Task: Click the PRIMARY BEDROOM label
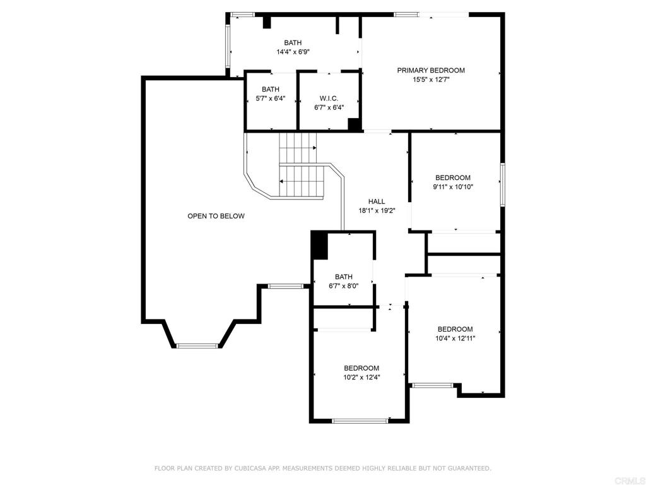point(430,71)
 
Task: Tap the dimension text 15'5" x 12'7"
point(431,80)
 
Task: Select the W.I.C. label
point(329,99)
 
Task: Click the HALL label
point(377,201)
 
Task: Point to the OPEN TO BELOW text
point(216,216)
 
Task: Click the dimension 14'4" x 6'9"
point(293,52)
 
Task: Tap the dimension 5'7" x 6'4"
point(271,99)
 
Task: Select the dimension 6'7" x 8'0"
point(344,285)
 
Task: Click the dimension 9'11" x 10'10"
point(453,187)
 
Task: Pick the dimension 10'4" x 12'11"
point(455,338)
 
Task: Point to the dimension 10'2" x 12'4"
point(361,377)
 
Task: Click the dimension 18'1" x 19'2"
point(377,210)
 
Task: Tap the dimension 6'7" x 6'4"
point(329,107)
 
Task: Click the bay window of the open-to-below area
point(197,345)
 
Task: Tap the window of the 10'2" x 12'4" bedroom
point(360,421)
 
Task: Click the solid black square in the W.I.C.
point(354,124)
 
